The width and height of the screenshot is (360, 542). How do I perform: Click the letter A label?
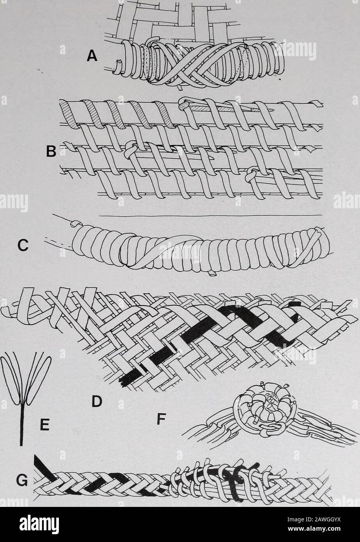point(92,57)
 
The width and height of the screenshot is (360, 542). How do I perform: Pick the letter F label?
point(161,419)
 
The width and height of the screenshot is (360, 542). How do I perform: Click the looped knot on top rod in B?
point(185,103)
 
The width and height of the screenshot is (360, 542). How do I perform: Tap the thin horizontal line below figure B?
point(211,215)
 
